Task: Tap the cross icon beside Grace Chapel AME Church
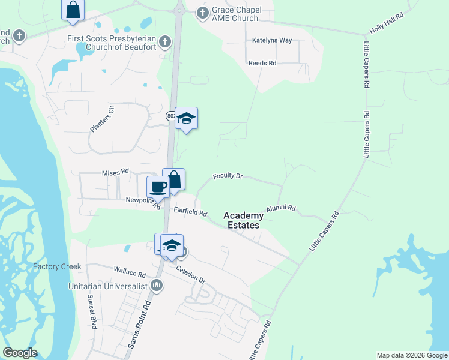point(202,12)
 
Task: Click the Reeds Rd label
point(262,63)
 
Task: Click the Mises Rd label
point(115,171)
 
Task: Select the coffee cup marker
point(158,187)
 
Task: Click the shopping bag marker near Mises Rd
point(174,179)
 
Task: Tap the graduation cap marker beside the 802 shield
point(187,118)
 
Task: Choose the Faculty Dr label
point(228,176)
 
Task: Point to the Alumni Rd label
point(281,208)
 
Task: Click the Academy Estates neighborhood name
point(243,220)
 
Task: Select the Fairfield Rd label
point(190,212)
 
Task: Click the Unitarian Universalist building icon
point(157,286)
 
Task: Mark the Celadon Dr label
point(191,274)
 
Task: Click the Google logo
point(20,353)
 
